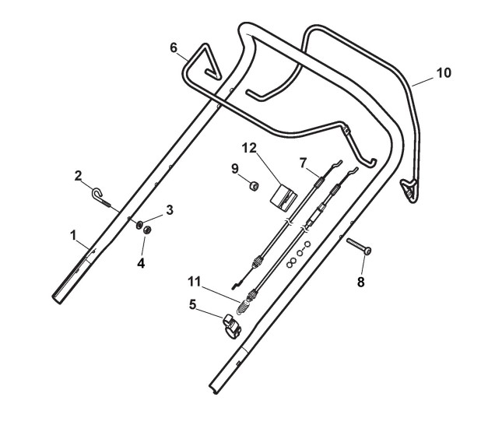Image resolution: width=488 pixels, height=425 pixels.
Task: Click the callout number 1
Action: point(74,234)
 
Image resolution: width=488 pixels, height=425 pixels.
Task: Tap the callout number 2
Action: point(79,175)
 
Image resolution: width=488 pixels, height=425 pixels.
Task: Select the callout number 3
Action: point(168,211)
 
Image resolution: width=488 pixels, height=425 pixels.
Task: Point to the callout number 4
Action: point(141,263)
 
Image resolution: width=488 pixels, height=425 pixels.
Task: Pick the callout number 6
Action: point(174,47)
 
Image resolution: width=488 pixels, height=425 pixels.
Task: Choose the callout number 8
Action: point(360,282)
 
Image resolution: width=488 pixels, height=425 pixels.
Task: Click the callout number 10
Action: point(443,72)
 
